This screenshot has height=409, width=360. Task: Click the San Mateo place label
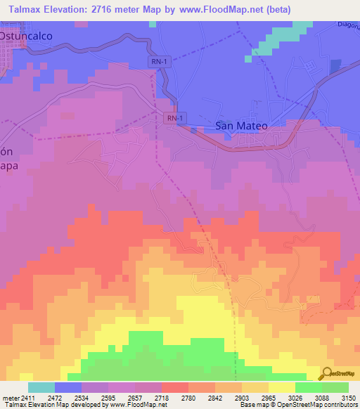coord(241,126)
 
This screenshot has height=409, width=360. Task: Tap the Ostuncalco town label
coord(26,34)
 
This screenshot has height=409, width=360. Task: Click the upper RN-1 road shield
coord(159,63)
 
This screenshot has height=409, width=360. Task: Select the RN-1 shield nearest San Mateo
coord(176,119)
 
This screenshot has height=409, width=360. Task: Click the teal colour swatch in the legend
coord(41,387)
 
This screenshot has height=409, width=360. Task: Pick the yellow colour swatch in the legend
coord(281,387)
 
